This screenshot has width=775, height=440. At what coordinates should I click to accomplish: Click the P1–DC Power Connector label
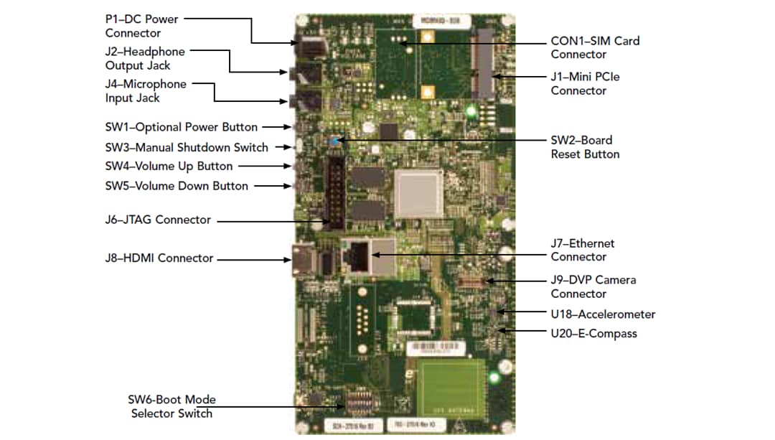click(x=141, y=26)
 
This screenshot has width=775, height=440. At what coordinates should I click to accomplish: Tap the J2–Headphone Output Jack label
click(x=144, y=58)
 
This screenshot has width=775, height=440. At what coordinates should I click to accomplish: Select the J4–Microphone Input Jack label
click(x=145, y=91)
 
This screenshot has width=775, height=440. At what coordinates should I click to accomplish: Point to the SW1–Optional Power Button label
click(x=181, y=127)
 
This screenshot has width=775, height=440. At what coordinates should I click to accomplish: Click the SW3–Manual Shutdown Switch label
click(x=187, y=147)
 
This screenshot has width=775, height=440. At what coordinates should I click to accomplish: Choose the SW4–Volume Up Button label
click(x=169, y=166)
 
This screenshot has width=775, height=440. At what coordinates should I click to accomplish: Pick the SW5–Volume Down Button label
click(x=177, y=186)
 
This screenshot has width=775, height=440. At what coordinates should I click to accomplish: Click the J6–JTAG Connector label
click(x=158, y=220)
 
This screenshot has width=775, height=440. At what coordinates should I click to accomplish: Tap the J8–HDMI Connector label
click(x=159, y=258)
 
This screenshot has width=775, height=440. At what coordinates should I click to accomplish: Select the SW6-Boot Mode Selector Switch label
click(x=172, y=406)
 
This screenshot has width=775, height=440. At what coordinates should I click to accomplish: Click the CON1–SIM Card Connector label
click(x=595, y=47)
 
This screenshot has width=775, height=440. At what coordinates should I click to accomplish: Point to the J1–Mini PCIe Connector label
click(x=585, y=83)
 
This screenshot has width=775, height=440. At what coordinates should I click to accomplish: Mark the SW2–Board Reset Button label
click(x=585, y=147)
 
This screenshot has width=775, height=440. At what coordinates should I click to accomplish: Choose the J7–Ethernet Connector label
click(x=583, y=251)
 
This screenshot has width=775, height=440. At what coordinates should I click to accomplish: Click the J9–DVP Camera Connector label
click(x=593, y=286)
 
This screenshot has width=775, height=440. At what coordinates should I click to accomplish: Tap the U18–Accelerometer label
click(x=603, y=314)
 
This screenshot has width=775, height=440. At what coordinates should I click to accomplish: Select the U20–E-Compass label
click(x=593, y=333)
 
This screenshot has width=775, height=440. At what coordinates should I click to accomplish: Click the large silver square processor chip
click(x=419, y=193)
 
